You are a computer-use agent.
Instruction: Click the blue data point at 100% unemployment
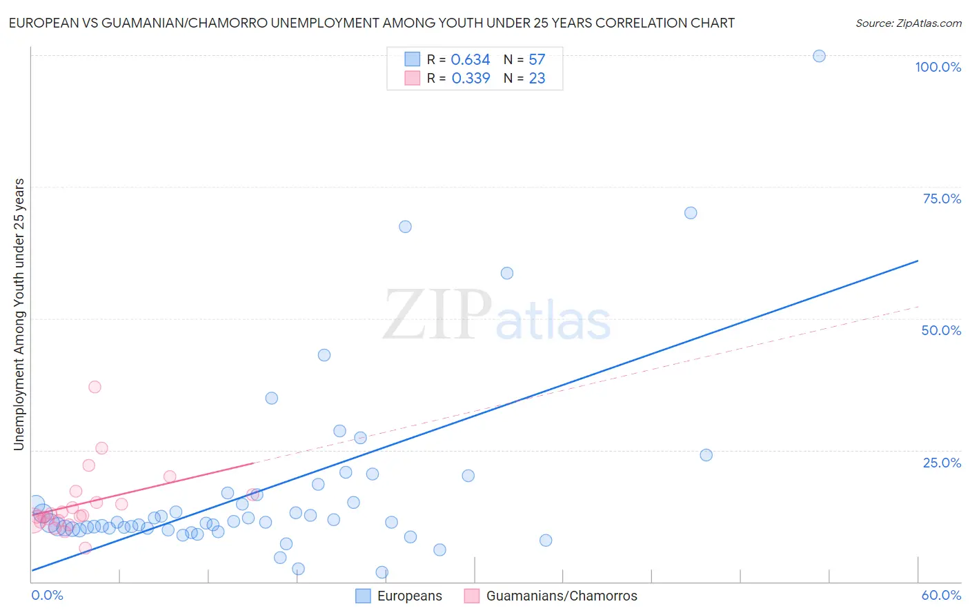819,56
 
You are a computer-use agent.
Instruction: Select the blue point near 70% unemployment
691,213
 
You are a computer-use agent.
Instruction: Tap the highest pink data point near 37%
95,387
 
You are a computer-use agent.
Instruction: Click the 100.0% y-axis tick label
938,67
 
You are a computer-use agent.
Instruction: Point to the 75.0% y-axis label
942,199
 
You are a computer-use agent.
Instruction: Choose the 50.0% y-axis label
941,330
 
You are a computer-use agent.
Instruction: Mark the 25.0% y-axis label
942,463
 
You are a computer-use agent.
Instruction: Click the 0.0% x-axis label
47,595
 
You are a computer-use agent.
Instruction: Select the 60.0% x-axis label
941,595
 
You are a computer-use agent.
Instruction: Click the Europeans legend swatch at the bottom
363,596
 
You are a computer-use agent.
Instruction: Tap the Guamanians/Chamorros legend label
562,596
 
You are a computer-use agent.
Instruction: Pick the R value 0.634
471,60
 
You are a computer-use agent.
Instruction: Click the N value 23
537,79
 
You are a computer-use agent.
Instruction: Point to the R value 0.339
471,79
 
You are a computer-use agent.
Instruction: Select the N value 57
537,60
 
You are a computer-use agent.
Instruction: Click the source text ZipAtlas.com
909,23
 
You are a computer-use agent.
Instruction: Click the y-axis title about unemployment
19,314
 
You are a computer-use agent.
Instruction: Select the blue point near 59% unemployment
507,273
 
